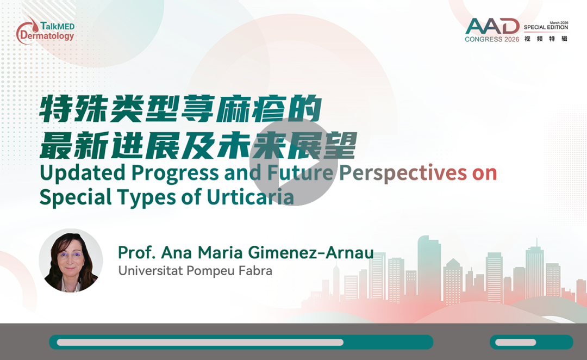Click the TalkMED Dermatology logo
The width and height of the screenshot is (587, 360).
click(x=45, y=30)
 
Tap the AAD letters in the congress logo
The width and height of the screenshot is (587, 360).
click(x=492, y=26)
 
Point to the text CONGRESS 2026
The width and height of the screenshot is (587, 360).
click(x=492, y=39)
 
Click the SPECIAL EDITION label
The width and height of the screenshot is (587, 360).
click(x=546, y=27)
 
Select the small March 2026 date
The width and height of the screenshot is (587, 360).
click(x=559, y=22)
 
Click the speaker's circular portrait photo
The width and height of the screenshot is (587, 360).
click(x=71, y=260)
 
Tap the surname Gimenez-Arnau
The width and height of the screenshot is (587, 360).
click(x=311, y=252)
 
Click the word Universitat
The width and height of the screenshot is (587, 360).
click(x=151, y=270)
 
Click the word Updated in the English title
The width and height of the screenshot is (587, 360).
click(x=83, y=173)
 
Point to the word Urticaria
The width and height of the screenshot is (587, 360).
click(x=250, y=197)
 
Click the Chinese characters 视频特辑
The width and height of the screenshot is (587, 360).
click(x=546, y=39)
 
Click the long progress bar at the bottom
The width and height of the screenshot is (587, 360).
click(x=241, y=342)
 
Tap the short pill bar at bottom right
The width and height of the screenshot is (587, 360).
click(x=532, y=342)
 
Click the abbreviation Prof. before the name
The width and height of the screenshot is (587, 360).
click(x=136, y=252)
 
